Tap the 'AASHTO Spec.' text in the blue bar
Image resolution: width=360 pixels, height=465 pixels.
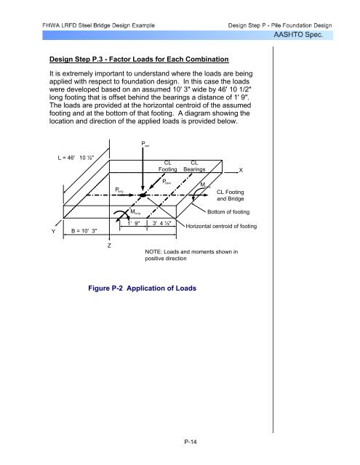[x=298, y=35]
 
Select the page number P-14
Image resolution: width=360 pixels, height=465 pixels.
[x=191, y=442]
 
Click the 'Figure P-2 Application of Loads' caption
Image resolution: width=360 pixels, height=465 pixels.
[x=142, y=288]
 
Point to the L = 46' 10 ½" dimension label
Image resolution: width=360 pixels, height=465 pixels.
[x=76, y=158]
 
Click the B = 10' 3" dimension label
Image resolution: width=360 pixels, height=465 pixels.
[x=84, y=231]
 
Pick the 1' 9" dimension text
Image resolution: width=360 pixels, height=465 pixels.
[x=134, y=223]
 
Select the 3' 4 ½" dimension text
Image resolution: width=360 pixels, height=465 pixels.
[x=161, y=223]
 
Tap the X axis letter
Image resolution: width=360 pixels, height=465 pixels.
[x=241, y=170]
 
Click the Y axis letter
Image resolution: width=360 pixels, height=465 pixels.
[x=53, y=231]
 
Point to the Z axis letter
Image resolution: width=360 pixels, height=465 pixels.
[x=109, y=246]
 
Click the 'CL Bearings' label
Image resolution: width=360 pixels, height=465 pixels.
[x=194, y=166]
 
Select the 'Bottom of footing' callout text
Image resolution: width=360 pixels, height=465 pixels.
[x=228, y=211]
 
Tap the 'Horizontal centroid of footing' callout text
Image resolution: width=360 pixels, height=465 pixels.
[x=221, y=226]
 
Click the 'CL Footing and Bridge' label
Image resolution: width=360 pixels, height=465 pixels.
[x=231, y=195]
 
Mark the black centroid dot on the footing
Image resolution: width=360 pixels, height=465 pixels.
[x=143, y=195]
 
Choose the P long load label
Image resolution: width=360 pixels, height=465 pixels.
[x=119, y=190]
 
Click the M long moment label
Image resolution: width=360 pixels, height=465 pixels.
[x=135, y=211]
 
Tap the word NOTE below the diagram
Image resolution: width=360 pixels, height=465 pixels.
[x=153, y=252]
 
